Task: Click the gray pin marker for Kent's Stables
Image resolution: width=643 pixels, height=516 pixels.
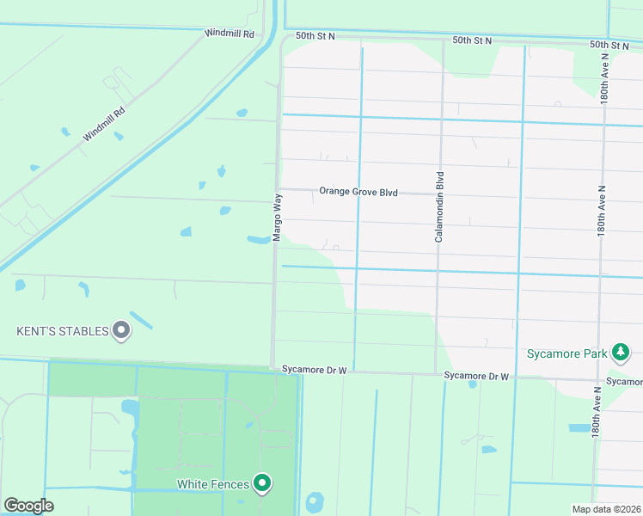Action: tap(121, 329)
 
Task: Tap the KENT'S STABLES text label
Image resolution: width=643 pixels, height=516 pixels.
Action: tap(63, 331)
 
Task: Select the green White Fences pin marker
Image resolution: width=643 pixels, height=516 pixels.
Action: tap(263, 484)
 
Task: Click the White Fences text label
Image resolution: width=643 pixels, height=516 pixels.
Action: tap(213, 485)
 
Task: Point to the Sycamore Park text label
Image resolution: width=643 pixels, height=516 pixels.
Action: tap(566, 353)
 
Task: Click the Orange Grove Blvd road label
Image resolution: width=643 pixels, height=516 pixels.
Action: tap(358, 193)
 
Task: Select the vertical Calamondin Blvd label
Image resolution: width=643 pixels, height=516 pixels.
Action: tap(438, 204)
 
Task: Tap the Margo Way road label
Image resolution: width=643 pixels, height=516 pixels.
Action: tap(278, 218)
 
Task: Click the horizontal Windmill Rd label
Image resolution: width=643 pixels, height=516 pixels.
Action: tap(230, 34)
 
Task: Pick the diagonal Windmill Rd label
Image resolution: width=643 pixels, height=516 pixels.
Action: tap(104, 124)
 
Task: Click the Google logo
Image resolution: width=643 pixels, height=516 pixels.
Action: tap(28, 506)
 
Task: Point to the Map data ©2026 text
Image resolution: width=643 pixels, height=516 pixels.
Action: tap(606, 509)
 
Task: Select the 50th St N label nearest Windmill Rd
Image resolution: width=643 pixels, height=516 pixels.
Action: tap(315, 37)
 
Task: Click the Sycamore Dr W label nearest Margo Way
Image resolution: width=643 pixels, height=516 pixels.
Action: tap(314, 370)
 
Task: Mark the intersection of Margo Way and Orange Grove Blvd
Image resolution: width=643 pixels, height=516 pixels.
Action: tap(278, 189)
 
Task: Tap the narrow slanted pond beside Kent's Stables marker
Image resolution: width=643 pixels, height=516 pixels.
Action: tap(141, 320)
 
